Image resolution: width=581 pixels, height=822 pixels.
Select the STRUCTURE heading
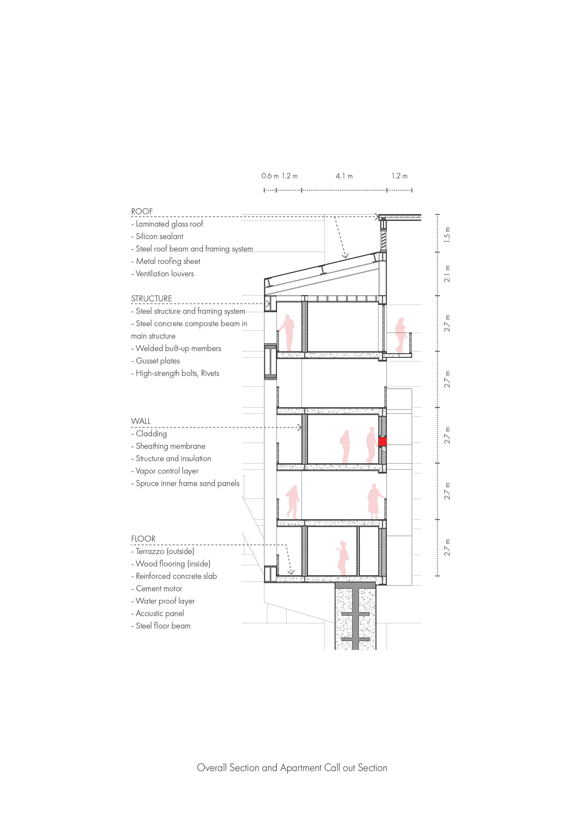[151, 299]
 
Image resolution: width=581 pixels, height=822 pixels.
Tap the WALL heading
[141, 421]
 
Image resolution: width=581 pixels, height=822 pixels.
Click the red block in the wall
[382, 441]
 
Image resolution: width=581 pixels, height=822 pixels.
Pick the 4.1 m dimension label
[344, 176]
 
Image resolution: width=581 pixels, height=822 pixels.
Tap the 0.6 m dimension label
[270, 176]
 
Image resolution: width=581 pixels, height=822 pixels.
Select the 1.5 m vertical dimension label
[447, 235]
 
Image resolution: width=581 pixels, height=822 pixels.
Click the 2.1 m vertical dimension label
[447, 273]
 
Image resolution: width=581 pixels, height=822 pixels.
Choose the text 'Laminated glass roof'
[167, 224]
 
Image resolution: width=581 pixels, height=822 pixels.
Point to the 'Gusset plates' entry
[156, 361]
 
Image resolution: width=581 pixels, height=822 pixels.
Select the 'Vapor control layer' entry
[165, 471]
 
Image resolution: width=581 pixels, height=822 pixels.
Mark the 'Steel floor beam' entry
[161, 626]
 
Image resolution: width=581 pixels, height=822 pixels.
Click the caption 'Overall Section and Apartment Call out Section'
[292, 768]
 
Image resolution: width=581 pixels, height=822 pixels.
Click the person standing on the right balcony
[400, 335]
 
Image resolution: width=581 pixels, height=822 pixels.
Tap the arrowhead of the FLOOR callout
[292, 572]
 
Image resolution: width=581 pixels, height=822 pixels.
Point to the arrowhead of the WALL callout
[300, 427]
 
